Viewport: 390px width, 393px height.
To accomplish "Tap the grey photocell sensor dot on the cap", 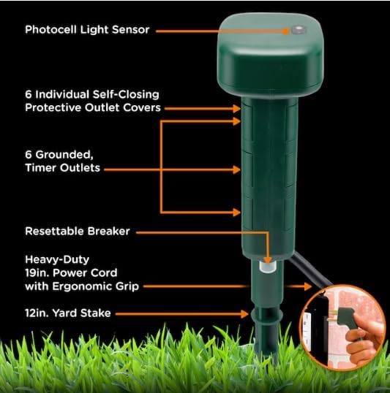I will click(298, 31).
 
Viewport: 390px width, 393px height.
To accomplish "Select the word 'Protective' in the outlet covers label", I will click(54, 108).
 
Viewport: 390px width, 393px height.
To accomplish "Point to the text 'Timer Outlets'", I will click(62, 168).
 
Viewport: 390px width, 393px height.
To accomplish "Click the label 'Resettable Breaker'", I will click(77, 231).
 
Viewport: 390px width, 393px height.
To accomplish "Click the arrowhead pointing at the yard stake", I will click(247, 313).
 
